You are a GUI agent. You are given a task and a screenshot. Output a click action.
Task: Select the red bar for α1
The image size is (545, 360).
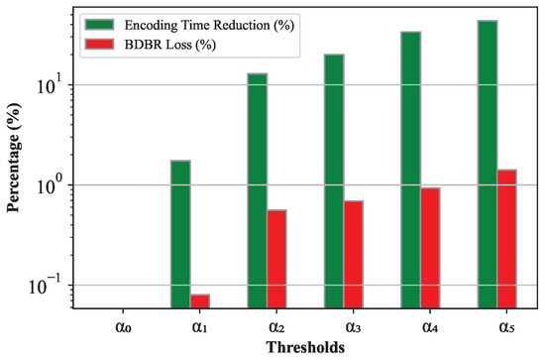(200, 300)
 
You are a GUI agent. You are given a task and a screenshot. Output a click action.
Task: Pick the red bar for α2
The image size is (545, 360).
(277, 259)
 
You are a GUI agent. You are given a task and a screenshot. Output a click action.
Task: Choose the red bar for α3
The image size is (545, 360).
(354, 254)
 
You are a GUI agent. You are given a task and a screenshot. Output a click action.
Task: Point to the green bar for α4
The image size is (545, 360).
(411, 170)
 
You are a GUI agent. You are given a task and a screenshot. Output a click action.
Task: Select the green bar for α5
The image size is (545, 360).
(488, 164)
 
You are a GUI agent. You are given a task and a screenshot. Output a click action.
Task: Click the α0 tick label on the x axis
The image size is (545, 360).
(114, 322)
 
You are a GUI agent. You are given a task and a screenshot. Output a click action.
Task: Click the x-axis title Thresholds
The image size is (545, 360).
(305, 346)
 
